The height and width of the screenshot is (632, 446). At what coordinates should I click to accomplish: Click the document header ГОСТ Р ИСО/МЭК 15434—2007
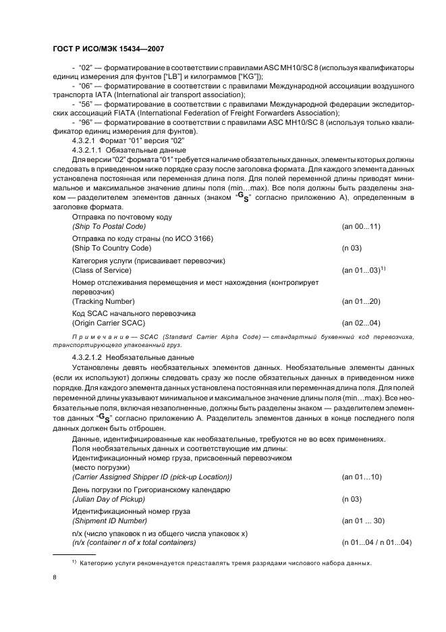107,49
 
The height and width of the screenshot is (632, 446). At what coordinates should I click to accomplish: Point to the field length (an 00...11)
362,227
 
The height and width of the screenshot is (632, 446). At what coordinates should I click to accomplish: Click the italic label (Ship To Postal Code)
109,227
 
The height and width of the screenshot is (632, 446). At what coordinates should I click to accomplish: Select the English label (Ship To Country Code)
111,248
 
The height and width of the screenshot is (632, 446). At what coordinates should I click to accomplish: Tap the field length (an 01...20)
362,301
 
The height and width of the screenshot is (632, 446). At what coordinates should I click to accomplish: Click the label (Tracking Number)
103,301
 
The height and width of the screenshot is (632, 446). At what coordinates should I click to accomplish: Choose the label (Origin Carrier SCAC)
109,323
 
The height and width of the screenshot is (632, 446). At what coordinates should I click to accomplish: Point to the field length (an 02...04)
362,323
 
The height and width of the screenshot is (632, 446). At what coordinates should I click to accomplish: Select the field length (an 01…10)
362,477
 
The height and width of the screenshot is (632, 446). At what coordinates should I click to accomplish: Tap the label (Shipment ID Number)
109,521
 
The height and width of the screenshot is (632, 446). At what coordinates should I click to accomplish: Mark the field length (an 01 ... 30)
364,521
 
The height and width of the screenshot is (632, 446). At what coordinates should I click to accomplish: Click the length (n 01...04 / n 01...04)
377,543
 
